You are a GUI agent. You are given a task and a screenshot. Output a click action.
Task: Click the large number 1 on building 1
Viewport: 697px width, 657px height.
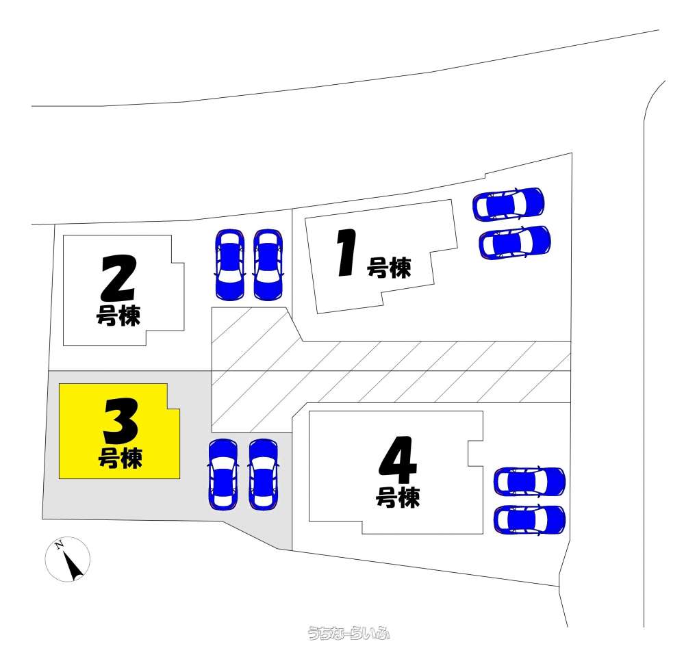[x=347, y=253]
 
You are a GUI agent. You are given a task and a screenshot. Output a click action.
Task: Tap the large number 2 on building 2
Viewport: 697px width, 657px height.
[x=118, y=278]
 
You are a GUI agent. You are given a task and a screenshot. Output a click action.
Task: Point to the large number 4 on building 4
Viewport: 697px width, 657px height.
[x=398, y=460]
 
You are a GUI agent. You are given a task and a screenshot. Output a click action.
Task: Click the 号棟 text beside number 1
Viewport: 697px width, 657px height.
[x=388, y=268]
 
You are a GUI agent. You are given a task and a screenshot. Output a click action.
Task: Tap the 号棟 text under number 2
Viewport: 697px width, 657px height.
[x=118, y=316]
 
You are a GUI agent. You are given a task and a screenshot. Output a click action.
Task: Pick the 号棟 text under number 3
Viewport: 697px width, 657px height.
[x=120, y=458]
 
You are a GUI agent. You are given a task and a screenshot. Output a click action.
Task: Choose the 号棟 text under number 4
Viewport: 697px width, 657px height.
[x=398, y=497]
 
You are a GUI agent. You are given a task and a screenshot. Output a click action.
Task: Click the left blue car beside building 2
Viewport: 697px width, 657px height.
[x=229, y=265]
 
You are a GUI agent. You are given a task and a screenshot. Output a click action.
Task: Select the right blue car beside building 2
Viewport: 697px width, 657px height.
[x=268, y=265]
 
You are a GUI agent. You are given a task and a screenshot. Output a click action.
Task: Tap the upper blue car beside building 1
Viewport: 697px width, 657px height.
[x=508, y=205]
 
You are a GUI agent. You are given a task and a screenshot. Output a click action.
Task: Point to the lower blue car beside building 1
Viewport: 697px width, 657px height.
[x=515, y=242]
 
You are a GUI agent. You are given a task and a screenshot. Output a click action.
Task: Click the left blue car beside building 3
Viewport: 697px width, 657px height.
[x=223, y=474]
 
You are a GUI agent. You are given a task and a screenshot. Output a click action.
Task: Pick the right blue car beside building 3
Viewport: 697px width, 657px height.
[x=264, y=474]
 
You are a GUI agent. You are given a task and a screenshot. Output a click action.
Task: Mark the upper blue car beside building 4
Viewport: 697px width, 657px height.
[x=529, y=482]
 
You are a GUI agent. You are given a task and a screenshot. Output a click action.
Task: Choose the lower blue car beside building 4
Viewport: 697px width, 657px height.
[x=529, y=520]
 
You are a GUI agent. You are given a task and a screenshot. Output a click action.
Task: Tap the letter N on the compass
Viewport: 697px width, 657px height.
[x=58, y=545]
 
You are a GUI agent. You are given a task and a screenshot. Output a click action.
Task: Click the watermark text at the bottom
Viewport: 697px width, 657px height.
[x=348, y=632]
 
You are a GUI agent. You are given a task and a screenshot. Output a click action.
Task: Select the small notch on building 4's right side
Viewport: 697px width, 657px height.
[x=475, y=453]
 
